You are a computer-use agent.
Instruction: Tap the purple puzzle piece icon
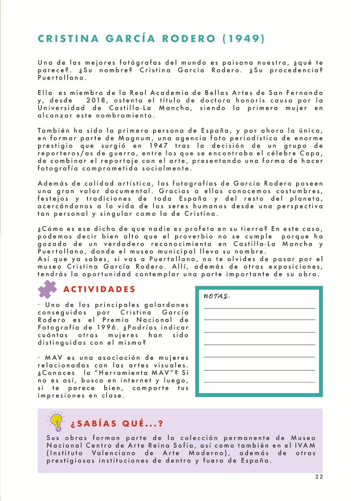[47, 289]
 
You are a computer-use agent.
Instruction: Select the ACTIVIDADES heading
[99, 289]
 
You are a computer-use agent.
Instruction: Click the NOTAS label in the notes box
[217, 296]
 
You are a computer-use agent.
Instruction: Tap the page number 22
[319, 477]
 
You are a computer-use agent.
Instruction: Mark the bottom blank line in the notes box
[259, 382]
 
